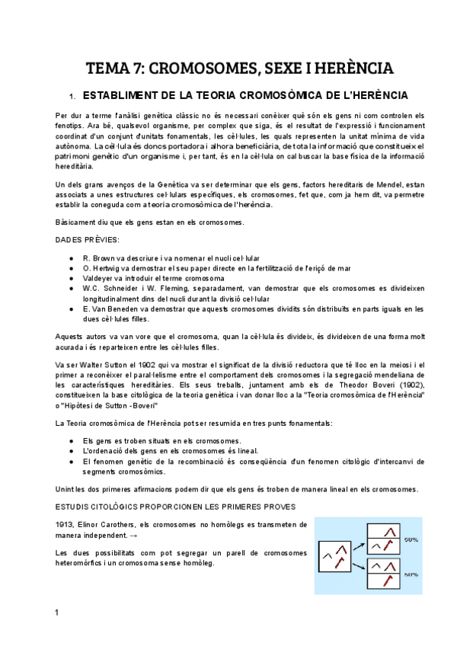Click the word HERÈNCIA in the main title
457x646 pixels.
350,69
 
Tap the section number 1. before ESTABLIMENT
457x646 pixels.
72,97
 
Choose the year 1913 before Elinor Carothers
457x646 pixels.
66,524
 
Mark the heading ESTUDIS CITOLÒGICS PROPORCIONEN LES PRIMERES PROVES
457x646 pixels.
165,507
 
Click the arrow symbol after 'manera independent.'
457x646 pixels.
135,535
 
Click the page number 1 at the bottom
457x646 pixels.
57,613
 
